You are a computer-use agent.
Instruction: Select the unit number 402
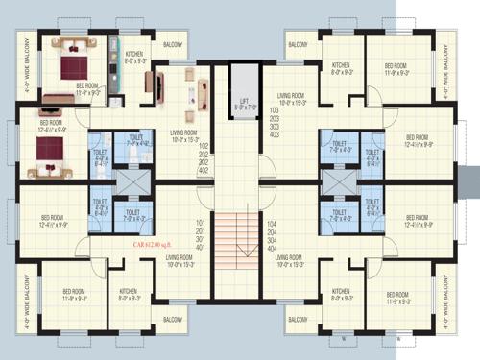point(203,170)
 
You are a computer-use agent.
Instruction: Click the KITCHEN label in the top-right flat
point(341,68)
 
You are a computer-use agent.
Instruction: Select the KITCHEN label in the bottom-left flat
point(128,294)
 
